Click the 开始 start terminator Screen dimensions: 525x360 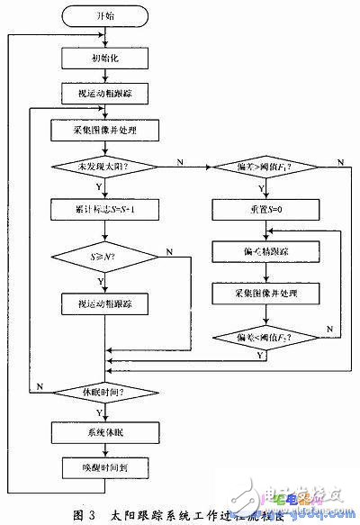105,16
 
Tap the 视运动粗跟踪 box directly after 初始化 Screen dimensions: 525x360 105,92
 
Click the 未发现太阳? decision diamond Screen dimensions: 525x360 105,167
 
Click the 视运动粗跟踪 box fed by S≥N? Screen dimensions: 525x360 105,303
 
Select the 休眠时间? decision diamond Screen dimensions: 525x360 105,394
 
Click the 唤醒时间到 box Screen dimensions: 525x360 105,468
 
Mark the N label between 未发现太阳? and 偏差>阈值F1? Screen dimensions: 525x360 180,161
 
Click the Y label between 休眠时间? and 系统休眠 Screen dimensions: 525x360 112,412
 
